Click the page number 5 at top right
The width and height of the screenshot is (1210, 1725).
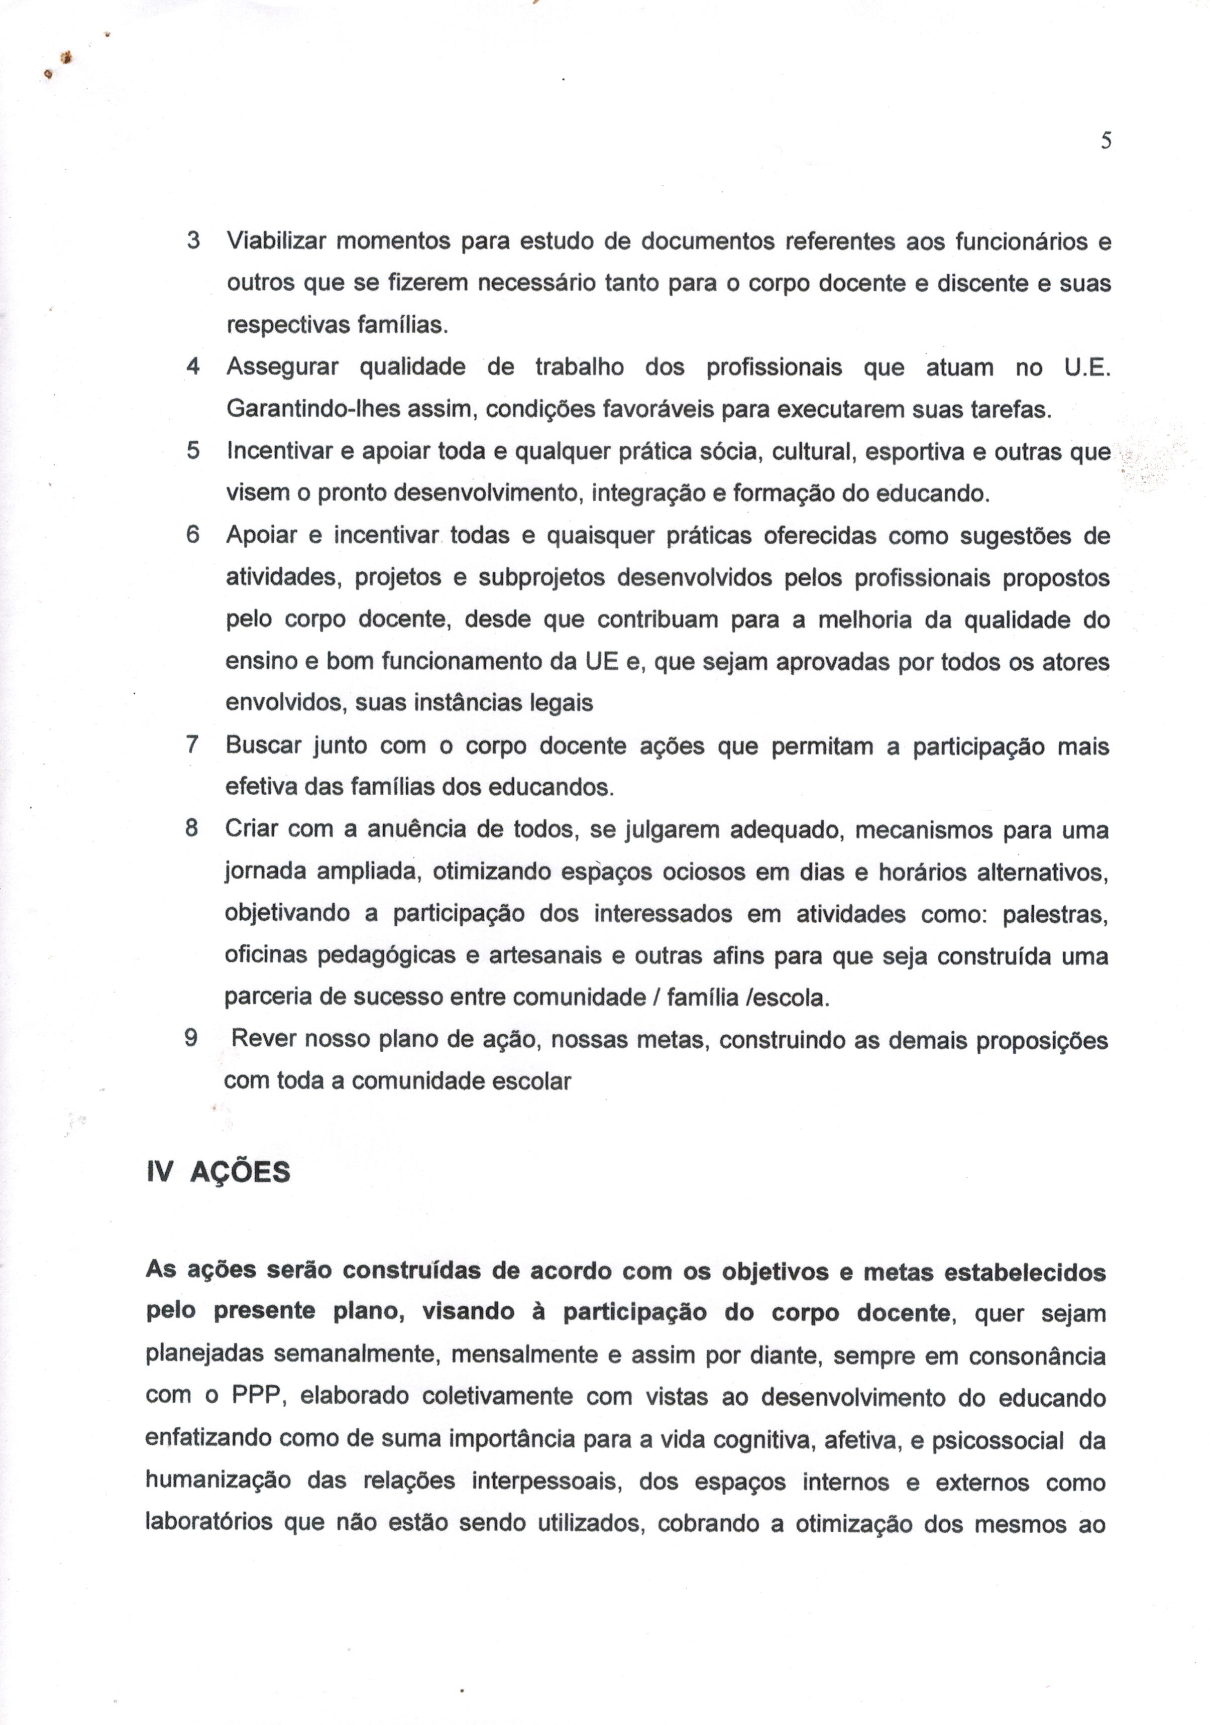point(1106,141)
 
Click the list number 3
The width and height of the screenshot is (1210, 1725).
point(193,241)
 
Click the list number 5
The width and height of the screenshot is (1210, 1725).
point(193,451)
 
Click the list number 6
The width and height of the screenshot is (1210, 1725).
point(193,536)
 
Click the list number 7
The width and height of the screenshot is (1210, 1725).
point(192,746)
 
